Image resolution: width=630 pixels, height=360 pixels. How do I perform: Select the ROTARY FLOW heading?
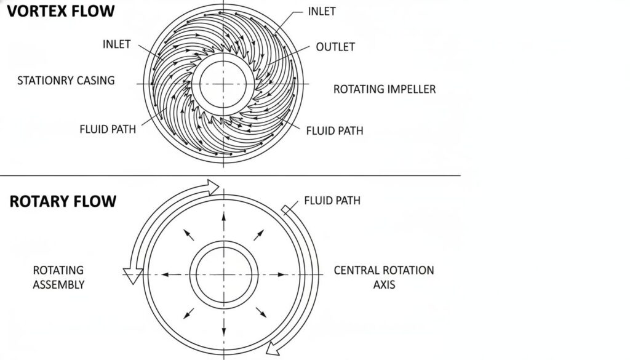tap(63, 202)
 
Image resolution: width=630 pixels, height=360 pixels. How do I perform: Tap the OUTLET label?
tap(335, 47)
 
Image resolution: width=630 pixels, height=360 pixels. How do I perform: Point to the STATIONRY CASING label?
tap(66, 81)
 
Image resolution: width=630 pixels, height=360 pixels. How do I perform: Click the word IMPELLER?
tap(412, 89)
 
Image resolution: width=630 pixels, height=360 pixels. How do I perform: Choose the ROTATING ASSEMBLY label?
tap(58, 277)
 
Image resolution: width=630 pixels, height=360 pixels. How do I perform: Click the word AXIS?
tap(384, 285)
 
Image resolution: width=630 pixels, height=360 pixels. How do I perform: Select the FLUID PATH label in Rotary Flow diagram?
tap(332, 201)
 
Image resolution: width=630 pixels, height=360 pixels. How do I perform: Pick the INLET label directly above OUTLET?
tap(322, 12)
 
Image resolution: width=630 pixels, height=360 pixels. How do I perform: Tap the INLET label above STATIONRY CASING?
tap(116, 44)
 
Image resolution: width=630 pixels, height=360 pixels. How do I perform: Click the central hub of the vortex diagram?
tap(223, 84)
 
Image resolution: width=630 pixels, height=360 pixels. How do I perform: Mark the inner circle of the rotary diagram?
tap(222, 274)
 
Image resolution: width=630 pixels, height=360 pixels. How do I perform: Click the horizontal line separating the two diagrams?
tap(230, 175)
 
